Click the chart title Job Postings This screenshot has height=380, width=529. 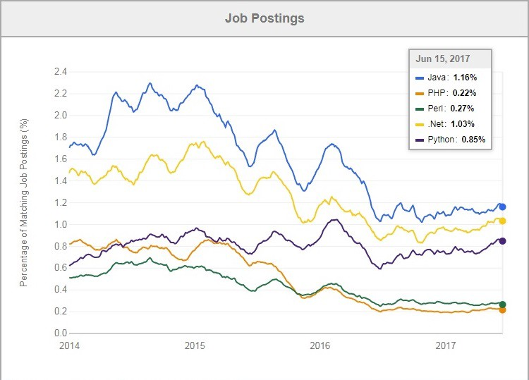click(x=264, y=18)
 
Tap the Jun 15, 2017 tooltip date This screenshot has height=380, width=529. click(x=443, y=59)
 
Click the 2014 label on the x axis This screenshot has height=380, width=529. click(x=69, y=345)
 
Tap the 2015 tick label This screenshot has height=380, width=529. click(x=195, y=345)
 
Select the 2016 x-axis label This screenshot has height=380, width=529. click(x=320, y=345)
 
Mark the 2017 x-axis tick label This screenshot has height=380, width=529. click(x=446, y=345)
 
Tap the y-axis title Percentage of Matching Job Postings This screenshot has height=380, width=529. click(x=24, y=202)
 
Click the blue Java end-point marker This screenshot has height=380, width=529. click(x=502, y=207)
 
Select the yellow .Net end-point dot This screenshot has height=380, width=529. click(x=502, y=221)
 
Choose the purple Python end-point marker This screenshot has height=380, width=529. click(x=502, y=241)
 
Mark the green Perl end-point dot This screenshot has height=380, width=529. click(x=502, y=304)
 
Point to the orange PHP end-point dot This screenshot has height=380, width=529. click(x=502, y=310)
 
